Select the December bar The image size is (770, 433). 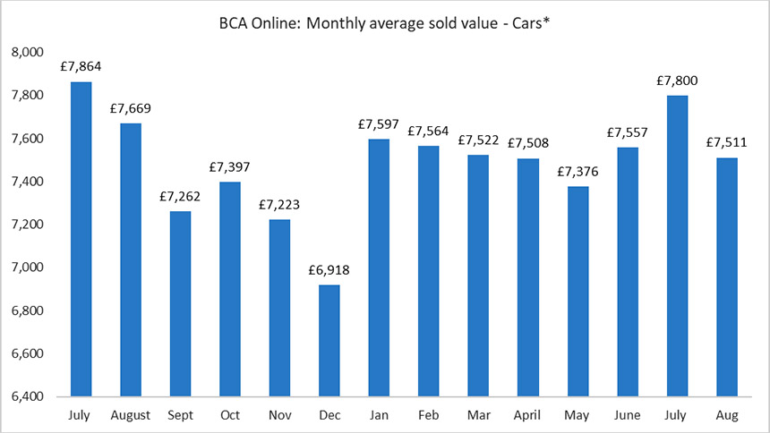coord(329,341)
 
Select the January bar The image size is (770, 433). coord(378,267)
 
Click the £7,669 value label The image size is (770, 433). coord(131,109)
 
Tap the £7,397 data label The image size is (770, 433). coord(230,167)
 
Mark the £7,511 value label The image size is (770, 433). coord(726,143)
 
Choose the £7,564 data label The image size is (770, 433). coord(428,132)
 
